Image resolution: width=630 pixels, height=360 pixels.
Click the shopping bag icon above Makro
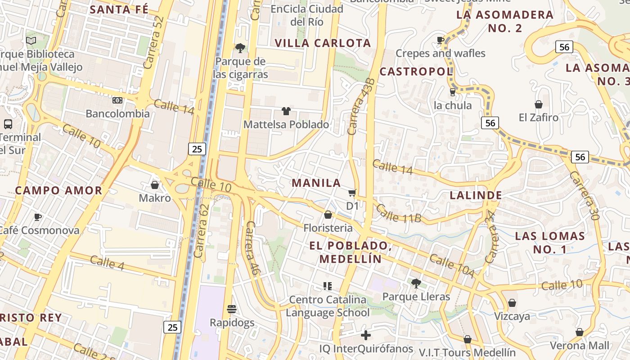tap(155, 185)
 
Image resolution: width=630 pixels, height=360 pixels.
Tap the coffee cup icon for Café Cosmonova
tap(38, 217)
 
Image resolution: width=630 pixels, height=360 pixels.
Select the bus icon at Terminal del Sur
tap(8, 124)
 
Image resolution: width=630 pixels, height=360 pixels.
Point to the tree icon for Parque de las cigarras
tap(240, 48)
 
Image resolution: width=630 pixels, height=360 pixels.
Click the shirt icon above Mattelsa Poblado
tap(286, 111)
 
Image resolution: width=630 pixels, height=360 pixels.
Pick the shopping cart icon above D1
tap(352, 193)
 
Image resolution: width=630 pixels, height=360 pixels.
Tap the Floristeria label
tap(328, 228)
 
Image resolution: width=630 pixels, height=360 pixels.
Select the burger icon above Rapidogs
tap(232, 309)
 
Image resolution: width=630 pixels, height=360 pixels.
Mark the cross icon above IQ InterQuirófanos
tap(366, 335)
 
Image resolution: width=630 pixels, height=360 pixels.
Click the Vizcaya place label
tap(512, 316)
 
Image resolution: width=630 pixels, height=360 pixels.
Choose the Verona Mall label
tap(580, 346)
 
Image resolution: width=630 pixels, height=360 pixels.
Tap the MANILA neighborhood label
tap(316, 183)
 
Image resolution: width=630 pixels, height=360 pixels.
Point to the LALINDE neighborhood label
tap(476, 195)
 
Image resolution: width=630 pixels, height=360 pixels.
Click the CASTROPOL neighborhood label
tap(416, 71)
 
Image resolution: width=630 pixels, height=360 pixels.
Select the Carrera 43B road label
tap(360, 107)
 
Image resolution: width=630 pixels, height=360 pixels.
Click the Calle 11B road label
tap(398, 214)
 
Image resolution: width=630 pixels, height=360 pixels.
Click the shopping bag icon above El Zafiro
tap(538, 105)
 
